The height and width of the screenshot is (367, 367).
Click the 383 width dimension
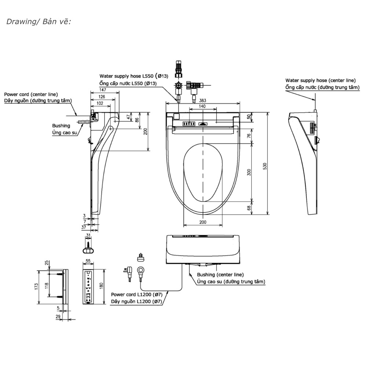203,101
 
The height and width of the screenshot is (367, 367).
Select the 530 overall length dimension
265,166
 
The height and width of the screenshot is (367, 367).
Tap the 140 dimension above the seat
202,106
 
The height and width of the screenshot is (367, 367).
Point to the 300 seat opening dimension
249,172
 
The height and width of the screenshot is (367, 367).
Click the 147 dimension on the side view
102,90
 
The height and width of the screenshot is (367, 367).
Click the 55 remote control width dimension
88,261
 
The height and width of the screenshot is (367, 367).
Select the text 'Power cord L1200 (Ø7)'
137,294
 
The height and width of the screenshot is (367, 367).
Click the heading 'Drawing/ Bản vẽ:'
39,22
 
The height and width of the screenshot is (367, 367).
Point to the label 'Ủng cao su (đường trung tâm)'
231,281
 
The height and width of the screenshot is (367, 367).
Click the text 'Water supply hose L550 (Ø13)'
134,76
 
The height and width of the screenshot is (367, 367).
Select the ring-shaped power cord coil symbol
141,270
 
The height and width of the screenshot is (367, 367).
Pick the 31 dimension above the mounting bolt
88,235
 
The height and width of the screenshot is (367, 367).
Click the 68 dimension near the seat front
249,208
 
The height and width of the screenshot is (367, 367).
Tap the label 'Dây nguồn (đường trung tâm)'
38,101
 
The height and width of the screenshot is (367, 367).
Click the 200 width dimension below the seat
203,222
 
